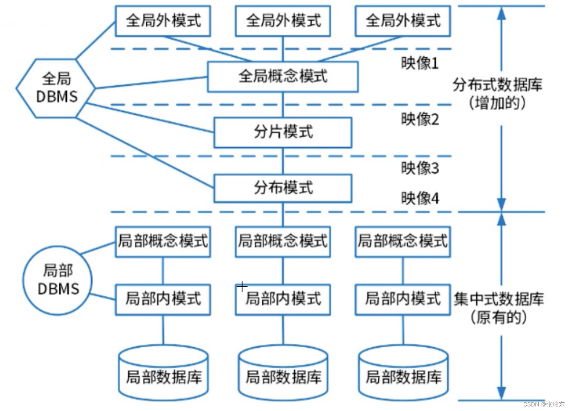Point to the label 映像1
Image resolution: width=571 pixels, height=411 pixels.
click(x=420, y=63)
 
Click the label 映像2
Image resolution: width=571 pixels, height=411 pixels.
click(x=420, y=119)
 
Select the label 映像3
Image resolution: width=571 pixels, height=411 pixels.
click(x=420, y=168)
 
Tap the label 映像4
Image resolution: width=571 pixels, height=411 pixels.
click(x=420, y=198)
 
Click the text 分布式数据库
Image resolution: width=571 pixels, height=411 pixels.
click(x=497, y=85)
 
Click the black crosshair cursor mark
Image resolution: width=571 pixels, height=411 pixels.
click(x=242, y=286)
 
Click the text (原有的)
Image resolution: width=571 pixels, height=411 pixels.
click(x=498, y=318)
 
